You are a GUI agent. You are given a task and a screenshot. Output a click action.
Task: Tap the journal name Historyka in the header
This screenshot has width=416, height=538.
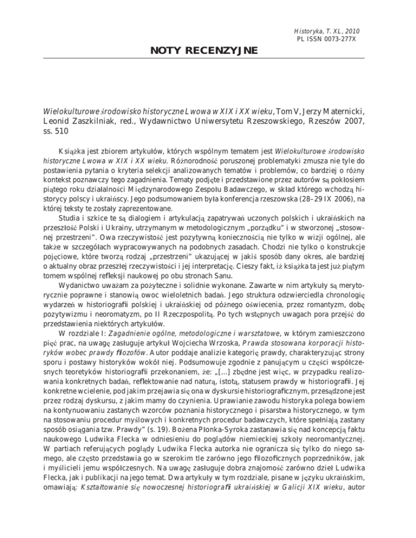(307, 31)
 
